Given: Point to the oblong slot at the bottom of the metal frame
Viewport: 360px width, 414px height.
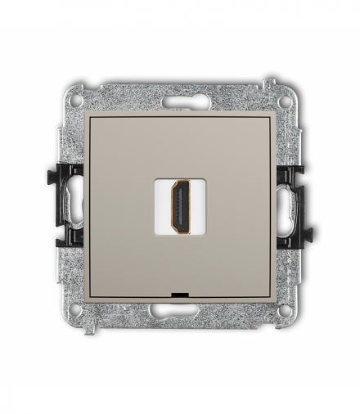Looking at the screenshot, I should pyautogui.click(x=180, y=312).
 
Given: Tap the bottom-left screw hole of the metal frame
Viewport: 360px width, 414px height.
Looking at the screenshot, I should pyautogui.click(x=76, y=312).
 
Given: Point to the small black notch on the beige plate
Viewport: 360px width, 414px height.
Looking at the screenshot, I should pyautogui.click(x=180, y=293).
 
